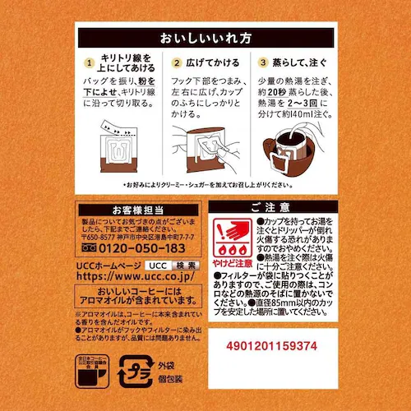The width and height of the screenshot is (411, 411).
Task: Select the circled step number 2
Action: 176,62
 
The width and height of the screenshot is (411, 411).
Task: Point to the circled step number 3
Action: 262,62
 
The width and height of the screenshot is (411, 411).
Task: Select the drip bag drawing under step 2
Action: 204,148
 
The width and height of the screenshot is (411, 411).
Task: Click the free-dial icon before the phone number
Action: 85,248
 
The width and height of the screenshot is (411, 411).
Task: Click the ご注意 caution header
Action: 270,208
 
